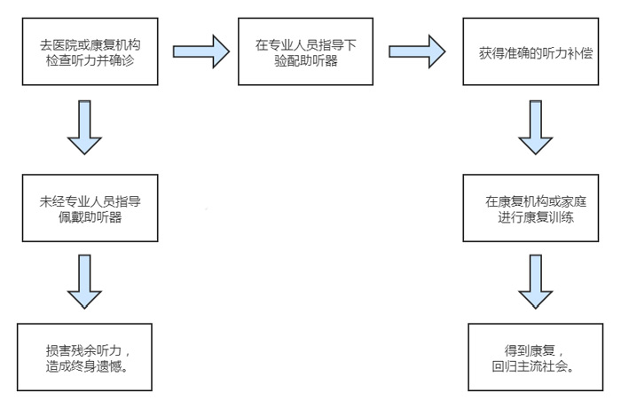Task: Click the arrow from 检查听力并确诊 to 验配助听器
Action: point(197,51)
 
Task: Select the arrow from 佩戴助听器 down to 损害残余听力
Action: point(84,282)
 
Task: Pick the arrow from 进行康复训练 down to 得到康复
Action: point(536,282)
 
